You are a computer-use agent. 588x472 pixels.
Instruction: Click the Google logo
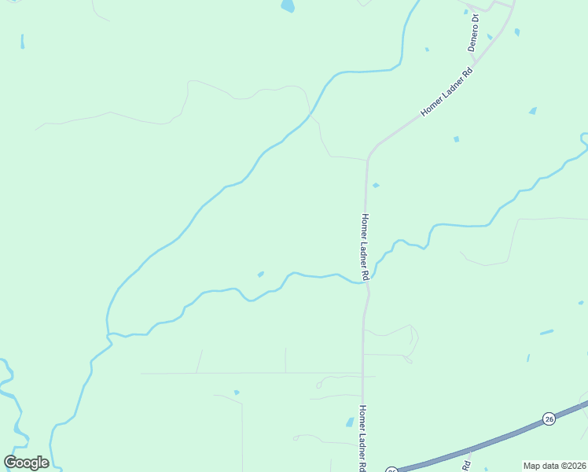click(x=26, y=463)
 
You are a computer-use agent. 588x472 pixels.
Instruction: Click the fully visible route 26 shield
click(x=549, y=418)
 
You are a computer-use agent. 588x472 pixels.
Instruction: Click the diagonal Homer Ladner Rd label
click(x=447, y=92)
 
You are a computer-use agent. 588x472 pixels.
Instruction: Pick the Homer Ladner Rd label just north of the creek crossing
click(x=365, y=245)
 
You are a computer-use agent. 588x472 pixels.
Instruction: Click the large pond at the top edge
click(x=288, y=6)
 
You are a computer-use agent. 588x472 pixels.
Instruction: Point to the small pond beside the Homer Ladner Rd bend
click(x=376, y=186)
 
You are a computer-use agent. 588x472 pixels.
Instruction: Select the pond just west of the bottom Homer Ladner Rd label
click(x=350, y=422)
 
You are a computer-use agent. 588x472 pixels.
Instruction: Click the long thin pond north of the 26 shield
click(x=546, y=332)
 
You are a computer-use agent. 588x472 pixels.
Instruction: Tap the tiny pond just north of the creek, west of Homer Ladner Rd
click(x=260, y=274)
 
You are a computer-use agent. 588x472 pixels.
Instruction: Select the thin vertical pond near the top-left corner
click(x=22, y=41)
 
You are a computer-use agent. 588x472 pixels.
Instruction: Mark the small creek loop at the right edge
click(x=583, y=141)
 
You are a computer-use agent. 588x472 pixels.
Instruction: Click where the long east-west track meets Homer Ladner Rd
click(x=362, y=373)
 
